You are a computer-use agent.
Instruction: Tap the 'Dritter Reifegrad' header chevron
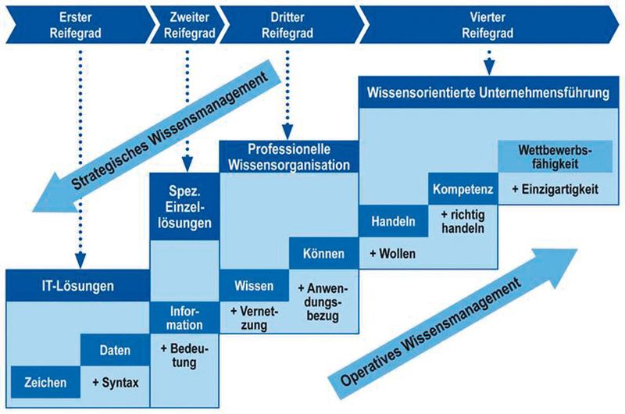coord(286,24)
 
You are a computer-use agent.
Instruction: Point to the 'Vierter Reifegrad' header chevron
coord(487,24)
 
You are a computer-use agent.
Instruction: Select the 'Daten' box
coord(115,350)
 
